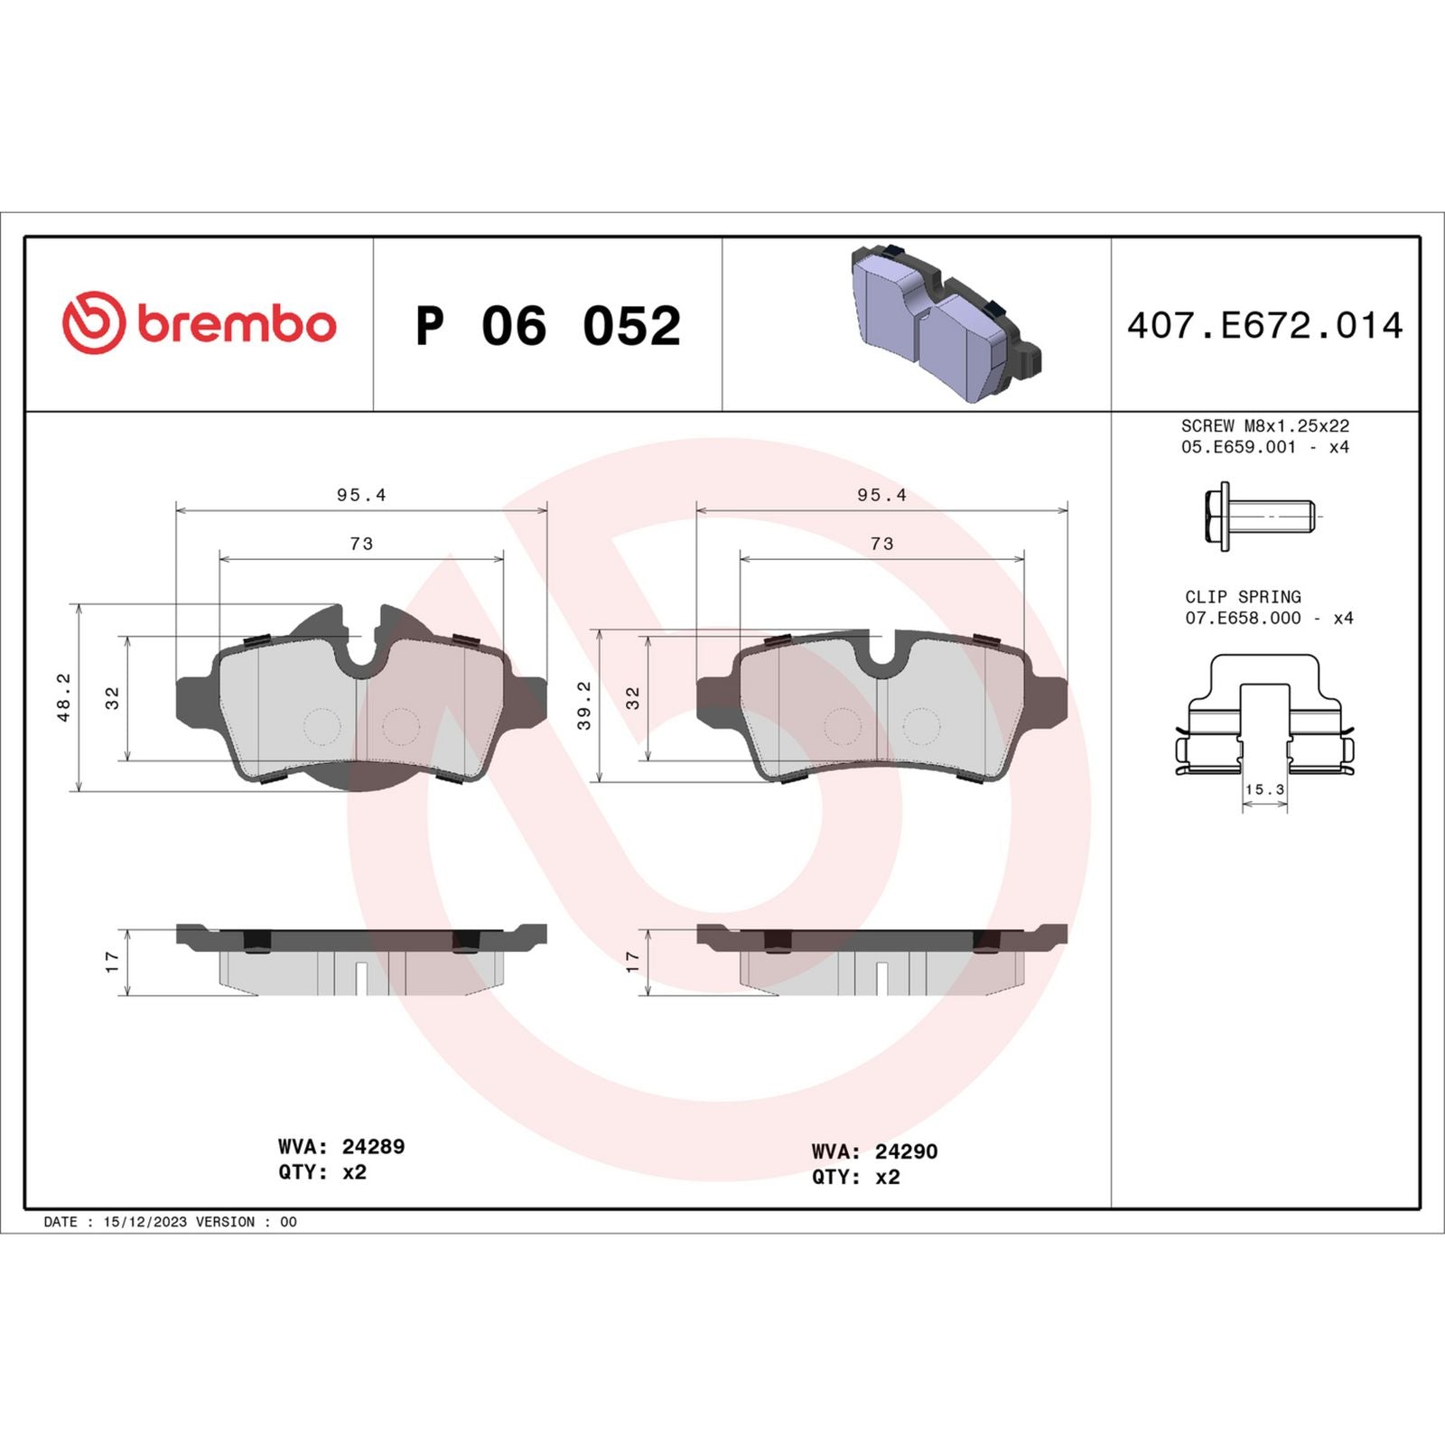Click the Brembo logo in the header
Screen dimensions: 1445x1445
pyautogui.click(x=200, y=323)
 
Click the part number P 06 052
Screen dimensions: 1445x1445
pyautogui.click(x=547, y=325)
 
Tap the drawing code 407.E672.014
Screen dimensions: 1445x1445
pyautogui.click(x=1264, y=325)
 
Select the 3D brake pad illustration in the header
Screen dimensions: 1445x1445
pyautogui.click(x=945, y=322)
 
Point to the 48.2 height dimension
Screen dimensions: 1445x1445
pyautogui.click(x=64, y=697)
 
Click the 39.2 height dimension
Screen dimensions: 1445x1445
pyautogui.click(x=584, y=705)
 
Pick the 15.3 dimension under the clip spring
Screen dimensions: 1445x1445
pyautogui.click(x=1264, y=789)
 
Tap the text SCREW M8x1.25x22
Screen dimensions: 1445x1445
pyautogui.click(x=1264, y=425)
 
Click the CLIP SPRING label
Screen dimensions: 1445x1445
pyautogui.click(x=1243, y=597)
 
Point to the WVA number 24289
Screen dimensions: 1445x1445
pyautogui.click(x=372, y=1146)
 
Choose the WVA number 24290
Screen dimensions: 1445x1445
pyautogui.click(x=906, y=1151)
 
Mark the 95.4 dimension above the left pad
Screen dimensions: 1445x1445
pyautogui.click(x=361, y=495)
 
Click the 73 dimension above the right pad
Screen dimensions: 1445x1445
pyautogui.click(x=881, y=544)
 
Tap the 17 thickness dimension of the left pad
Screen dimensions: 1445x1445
pyautogui.click(x=112, y=962)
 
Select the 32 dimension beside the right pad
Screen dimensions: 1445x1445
pyautogui.click(x=632, y=697)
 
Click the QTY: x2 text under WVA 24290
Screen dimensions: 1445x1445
pyautogui.click(x=855, y=1177)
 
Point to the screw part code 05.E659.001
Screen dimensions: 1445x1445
pyautogui.click(x=1238, y=447)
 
